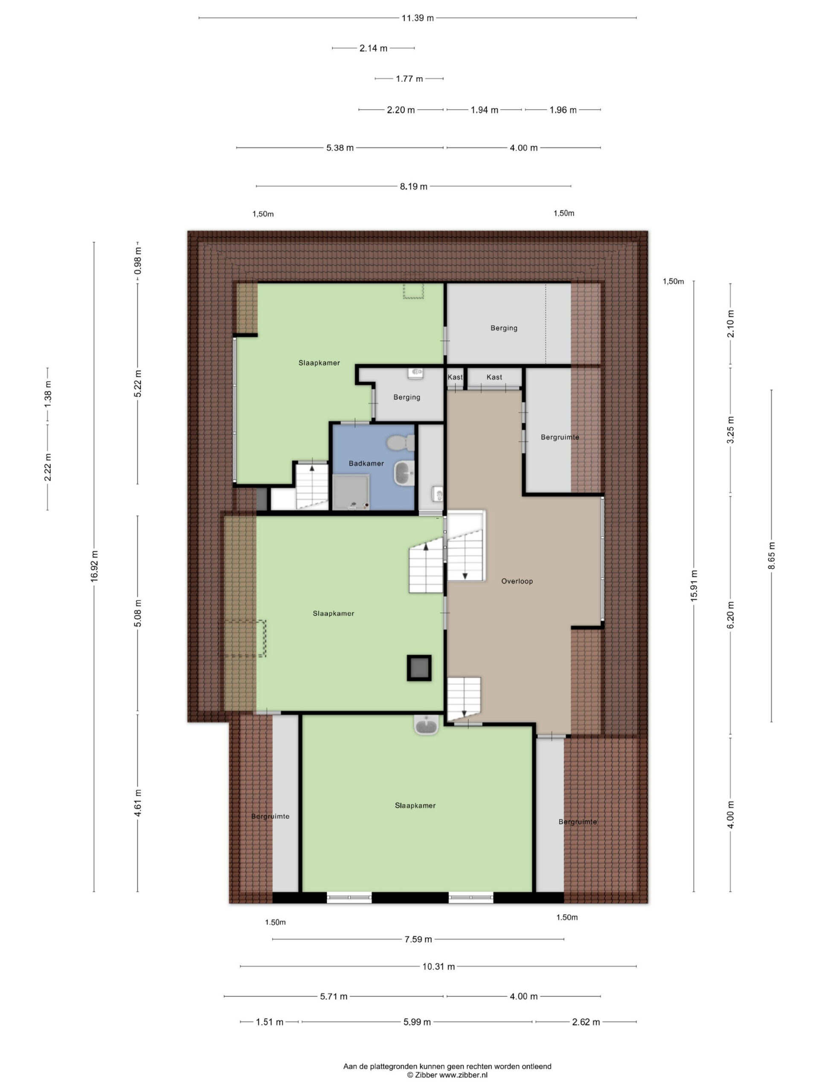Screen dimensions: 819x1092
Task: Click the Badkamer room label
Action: click(366, 464)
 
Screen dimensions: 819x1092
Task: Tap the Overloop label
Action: click(517, 581)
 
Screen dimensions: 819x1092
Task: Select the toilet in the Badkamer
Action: click(401, 442)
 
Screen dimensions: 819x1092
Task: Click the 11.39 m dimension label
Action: click(417, 18)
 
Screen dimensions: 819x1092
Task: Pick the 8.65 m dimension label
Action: click(771, 556)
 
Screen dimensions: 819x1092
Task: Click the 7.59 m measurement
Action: click(418, 939)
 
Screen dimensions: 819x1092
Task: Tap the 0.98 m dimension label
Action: click(138, 261)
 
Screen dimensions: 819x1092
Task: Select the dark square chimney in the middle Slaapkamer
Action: click(418, 668)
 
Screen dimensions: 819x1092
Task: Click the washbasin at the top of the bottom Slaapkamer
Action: click(426, 725)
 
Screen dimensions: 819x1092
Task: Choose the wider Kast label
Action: click(494, 377)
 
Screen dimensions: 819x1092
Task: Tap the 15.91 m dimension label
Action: click(694, 586)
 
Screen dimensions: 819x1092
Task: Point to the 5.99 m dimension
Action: click(417, 1022)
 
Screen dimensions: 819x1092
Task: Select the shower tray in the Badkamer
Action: click(351, 492)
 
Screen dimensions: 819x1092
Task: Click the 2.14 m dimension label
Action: click(373, 48)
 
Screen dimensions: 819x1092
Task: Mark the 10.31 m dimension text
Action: click(439, 967)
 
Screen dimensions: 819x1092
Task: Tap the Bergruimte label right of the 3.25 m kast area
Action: click(560, 437)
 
